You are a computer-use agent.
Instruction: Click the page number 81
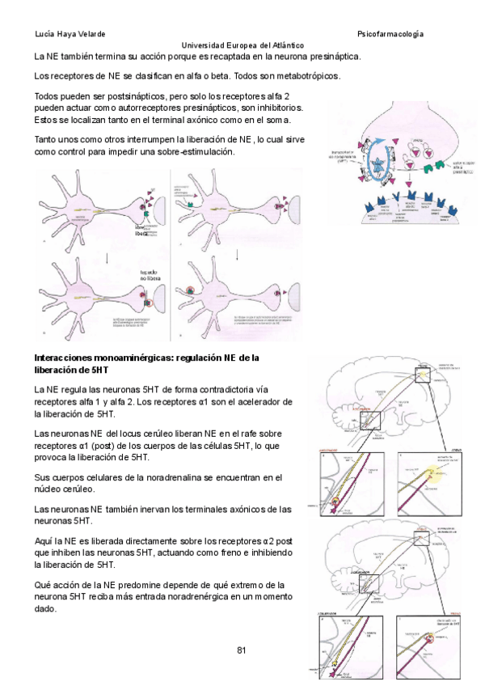242,650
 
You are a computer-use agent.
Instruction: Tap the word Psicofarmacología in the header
390,34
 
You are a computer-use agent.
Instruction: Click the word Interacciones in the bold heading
65,358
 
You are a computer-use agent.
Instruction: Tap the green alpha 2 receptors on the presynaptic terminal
440,162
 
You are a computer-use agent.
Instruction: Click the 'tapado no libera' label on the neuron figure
149,277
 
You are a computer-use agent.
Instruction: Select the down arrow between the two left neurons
107,257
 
